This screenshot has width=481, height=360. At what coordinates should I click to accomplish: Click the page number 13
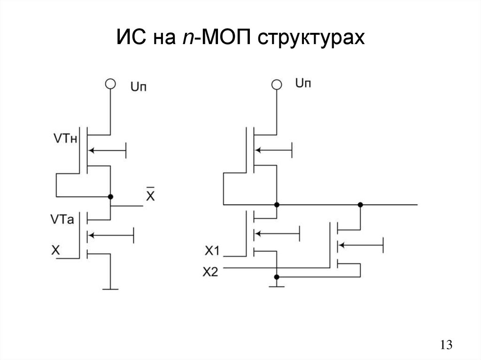446,345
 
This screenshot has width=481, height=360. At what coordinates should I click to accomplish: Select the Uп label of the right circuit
303,84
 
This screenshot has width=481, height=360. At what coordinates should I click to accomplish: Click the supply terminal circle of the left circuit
110,84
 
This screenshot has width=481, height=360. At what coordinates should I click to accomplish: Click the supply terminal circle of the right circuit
277,84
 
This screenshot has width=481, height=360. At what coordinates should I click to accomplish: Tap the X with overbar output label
150,196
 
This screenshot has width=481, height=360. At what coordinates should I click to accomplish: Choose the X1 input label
212,252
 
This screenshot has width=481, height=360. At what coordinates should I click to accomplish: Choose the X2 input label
210,271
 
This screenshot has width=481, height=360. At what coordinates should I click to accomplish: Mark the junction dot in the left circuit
110,196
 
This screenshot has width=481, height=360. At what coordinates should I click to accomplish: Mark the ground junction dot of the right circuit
277,277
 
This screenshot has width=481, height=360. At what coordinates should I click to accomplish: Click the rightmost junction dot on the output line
360,205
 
